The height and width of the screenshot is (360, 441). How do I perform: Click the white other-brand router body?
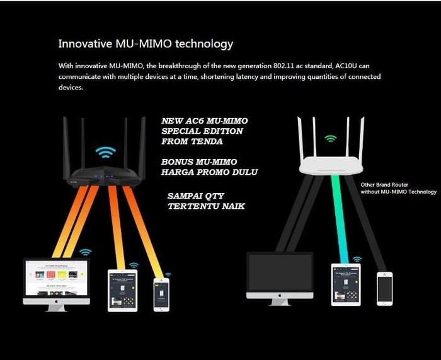click(331, 166)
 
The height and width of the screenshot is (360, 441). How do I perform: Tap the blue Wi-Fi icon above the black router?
click(105, 153)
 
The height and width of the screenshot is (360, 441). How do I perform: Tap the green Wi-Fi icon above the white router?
click(331, 139)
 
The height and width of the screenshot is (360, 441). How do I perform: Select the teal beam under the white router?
click(340, 219)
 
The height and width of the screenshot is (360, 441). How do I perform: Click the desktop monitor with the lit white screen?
click(57, 285)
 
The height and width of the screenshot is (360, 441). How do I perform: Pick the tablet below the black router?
click(123, 291)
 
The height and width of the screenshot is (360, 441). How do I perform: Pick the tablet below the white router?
click(346, 284)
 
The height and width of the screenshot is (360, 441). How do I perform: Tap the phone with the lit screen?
click(161, 294)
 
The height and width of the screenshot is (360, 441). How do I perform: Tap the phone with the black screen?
click(385, 289)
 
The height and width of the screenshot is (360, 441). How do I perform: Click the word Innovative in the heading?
click(85, 44)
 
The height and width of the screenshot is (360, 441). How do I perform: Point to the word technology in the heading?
click(204, 44)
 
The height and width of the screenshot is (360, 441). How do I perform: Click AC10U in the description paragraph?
click(346, 66)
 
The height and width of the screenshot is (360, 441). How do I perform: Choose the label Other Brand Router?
click(384, 185)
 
